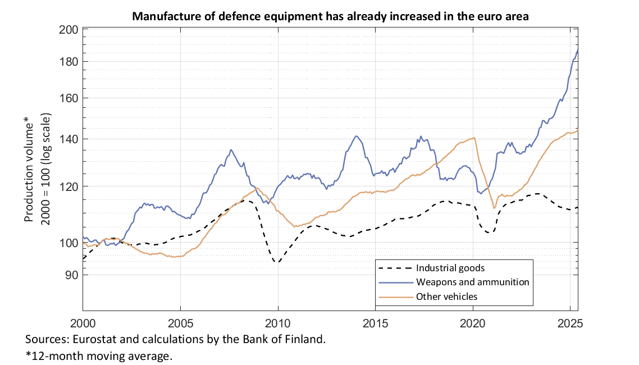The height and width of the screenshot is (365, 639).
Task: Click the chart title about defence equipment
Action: pos(331,16)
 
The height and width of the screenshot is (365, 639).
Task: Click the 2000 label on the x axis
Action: pos(83,323)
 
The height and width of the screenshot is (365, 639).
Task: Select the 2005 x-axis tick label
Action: pos(180,323)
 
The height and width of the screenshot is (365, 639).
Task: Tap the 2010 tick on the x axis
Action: pos(278,323)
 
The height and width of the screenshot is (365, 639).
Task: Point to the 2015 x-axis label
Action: pos(375,323)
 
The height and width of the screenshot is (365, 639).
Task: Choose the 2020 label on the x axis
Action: pos(473,323)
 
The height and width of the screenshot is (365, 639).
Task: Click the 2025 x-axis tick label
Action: pos(570,323)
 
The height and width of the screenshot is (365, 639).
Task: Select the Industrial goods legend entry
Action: pos(450,268)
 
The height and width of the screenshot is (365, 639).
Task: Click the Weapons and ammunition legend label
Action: pos(472,282)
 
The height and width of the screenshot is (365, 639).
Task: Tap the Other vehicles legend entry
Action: pos(446,296)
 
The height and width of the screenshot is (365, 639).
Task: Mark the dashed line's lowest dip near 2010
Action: pos(277,262)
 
